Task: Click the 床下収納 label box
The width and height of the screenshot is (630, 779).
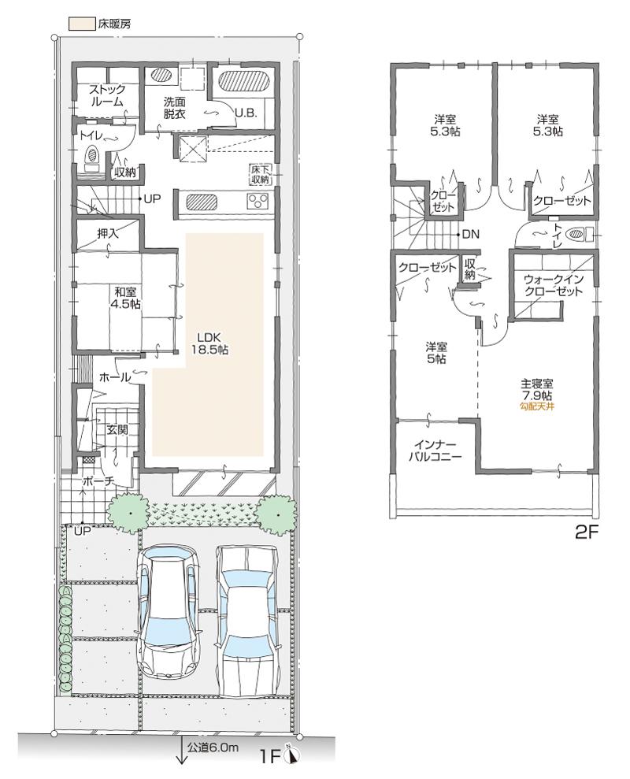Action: [261, 174]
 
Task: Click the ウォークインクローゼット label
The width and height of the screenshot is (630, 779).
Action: [553, 285]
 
